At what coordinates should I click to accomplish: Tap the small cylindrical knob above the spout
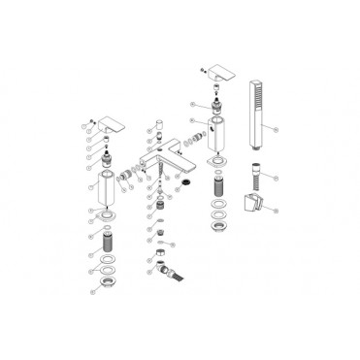tap(153, 125)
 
